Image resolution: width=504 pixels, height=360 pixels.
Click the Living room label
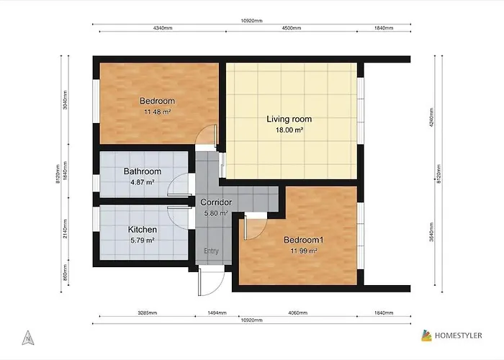pos(289,120)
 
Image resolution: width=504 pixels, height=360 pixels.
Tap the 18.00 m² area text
pos(289,130)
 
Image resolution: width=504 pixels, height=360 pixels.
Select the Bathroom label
pos(143,171)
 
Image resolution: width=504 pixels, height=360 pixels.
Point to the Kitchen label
pos(143,230)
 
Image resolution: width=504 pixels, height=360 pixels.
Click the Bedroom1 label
pos(304,240)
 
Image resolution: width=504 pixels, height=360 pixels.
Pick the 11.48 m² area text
pos(157,112)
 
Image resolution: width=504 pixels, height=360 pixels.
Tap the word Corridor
pos(216,202)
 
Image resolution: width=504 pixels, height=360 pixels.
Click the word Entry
pos(211,251)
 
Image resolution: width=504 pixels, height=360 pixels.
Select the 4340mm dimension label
pos(163,28)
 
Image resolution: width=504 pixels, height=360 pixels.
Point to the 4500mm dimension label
pos(292,28)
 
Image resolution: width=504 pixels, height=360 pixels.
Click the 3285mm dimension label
pos(147,312)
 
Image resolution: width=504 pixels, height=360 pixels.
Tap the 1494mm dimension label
pos(217,312)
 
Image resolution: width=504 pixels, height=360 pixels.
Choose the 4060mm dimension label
pos(298,312)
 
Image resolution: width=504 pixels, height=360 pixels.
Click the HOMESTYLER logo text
pos(459,336)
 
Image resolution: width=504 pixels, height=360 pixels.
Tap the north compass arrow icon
pos(28,338)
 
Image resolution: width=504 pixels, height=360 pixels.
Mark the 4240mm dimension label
pos(432,117)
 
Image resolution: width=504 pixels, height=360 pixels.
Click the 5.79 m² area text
pos(143,240)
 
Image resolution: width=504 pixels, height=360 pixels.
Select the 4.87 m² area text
pos(143,182)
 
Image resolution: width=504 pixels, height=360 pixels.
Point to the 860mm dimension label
pos(66,273)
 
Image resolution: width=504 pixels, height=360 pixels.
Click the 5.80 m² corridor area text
pos(216,213)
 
